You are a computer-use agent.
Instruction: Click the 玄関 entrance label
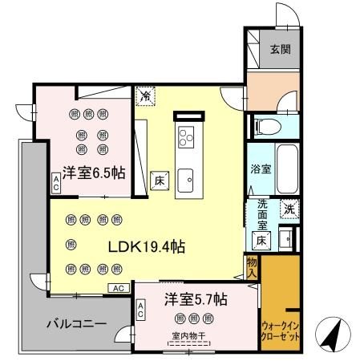tap(280, 50)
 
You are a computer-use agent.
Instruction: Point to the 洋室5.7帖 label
tap(196, 300)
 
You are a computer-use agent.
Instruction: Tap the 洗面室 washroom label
tap(261, 215)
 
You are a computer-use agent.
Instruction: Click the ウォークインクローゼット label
tap(280, 331)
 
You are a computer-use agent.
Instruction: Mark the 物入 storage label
tap(252, 267)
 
